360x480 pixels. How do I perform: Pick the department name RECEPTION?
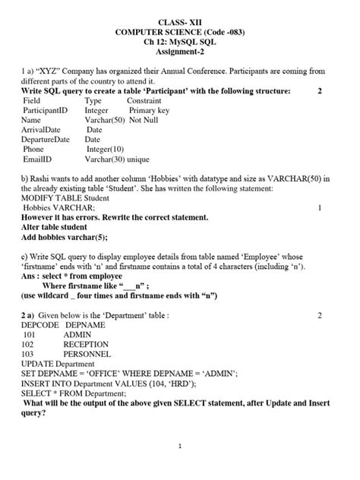point(86,344)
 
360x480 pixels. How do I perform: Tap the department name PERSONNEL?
point(87,354)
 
